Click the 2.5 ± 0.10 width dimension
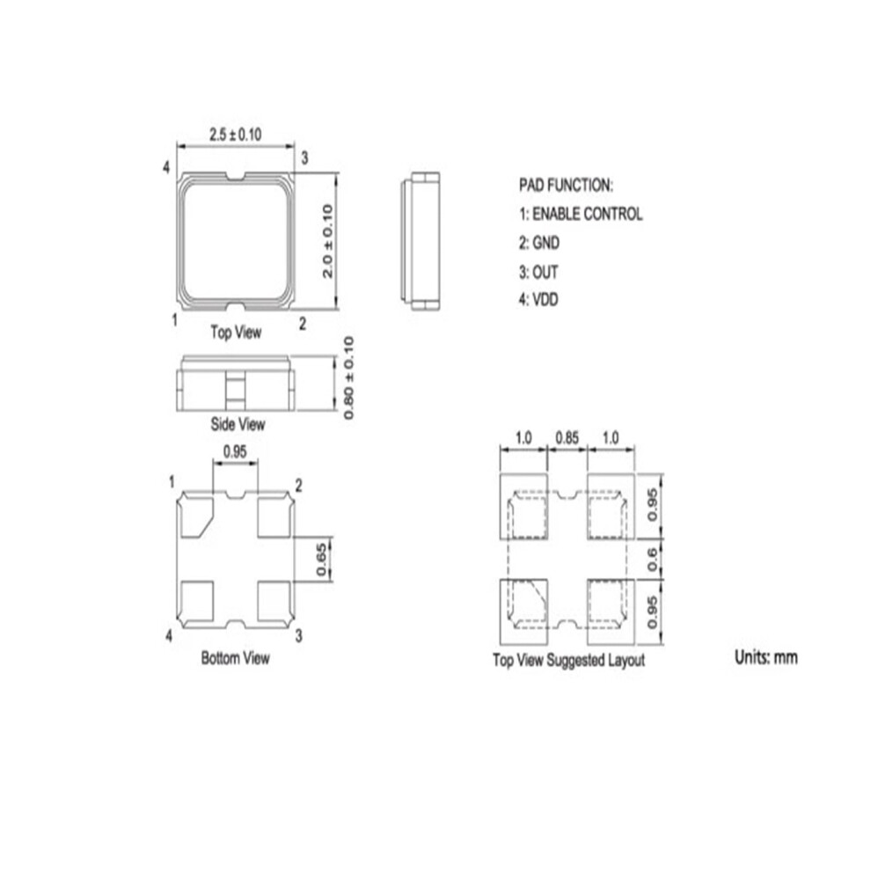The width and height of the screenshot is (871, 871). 235,135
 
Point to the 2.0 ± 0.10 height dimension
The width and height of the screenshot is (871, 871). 327,241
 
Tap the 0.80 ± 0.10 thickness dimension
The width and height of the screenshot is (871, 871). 348,377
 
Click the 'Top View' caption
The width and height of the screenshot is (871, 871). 236,333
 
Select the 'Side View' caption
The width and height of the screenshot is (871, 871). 238,424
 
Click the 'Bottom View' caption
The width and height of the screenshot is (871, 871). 236,658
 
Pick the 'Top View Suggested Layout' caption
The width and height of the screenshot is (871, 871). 569,660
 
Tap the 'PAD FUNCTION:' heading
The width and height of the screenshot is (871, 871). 566,185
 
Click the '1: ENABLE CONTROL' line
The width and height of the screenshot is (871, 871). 581,214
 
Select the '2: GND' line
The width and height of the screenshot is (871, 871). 538,243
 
